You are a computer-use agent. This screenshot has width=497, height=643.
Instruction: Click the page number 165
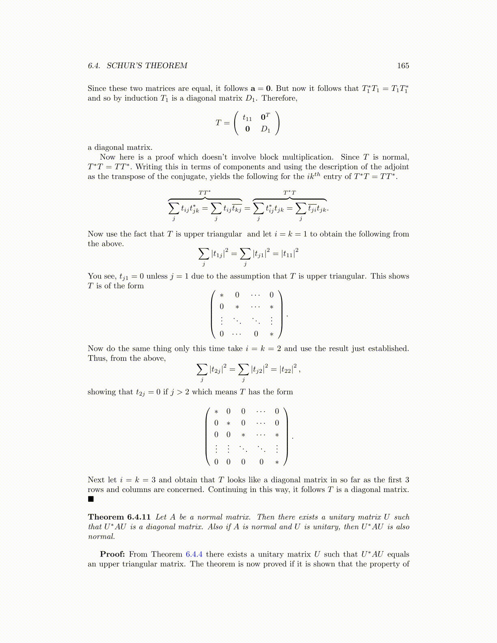pyautogui.click(x=403, y=66)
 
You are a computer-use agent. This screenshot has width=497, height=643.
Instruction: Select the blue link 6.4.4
pyautogui.click(x=194, y=555)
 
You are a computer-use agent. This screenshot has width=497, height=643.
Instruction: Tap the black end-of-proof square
pyautogui.click(x=91, y=499)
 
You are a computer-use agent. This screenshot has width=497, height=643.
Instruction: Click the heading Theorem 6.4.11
pyautogui.click(x=119, y=517)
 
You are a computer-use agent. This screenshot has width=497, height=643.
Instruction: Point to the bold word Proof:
pyautogui.click(x=112, y=555)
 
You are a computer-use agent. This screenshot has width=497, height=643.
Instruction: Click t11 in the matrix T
pyautogui.click(x=247, y=118)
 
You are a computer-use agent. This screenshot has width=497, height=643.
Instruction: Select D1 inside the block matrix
pyautogui.click(x=265, y=129)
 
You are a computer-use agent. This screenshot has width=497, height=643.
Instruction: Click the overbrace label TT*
pyautogui.click(x=204, y=192)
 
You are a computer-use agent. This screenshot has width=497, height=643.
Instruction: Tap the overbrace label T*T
pyautogui.click(x=290, y=192)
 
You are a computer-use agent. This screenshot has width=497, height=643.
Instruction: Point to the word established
pyautogui.click(x=388, y=349)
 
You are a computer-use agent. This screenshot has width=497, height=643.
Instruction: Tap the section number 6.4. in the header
pyautogui.click(x=94, y=66)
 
